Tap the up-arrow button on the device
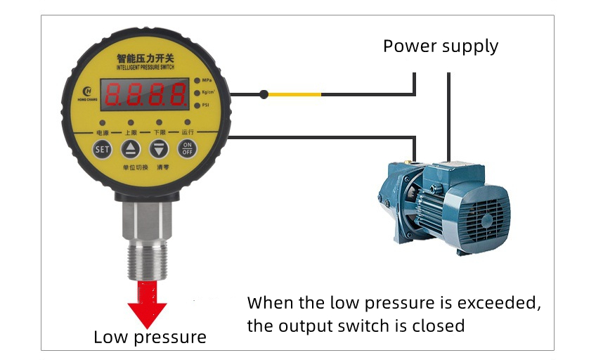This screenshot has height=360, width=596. click(x=131, y=148)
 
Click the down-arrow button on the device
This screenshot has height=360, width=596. click(x=159, y=148)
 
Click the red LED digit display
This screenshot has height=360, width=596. click(x=145, y=94)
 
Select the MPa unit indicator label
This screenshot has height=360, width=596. click(x=207, y=80)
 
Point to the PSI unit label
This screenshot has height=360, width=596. click(x=206, y=105)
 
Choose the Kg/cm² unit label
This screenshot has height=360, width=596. click(x=208, y=93)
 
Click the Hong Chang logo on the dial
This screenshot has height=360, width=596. click(x=86, y=92)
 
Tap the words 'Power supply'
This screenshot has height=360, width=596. click(x=441, y=46)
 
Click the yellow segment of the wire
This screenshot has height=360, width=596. click(x=295, y=94)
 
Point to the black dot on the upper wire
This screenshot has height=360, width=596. click(x=264, y=94)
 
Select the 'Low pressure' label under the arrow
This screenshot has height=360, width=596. click(x=150, y=337)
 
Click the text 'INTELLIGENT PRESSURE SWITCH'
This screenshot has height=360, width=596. click(x=145, y=67)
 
